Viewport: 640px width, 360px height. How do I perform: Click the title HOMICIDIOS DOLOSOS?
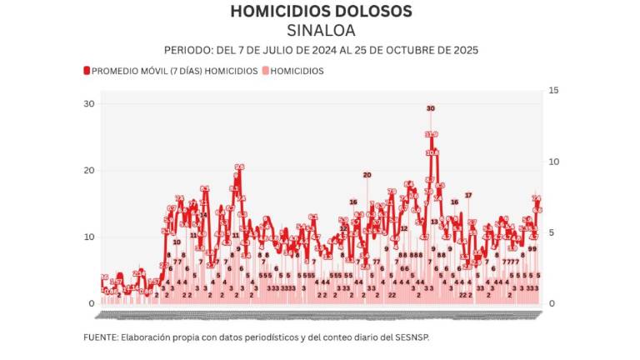click(321, 11)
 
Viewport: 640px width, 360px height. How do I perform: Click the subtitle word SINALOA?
click(321, 30)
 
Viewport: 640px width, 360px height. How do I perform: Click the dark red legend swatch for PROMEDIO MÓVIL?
click(87, 72)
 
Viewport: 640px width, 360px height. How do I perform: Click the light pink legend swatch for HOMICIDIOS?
click(266, 72)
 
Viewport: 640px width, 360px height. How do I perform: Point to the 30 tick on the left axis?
click(89, 103)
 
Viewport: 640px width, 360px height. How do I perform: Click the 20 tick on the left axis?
click(89, 170)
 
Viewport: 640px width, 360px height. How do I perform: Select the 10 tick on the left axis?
click(89, 237)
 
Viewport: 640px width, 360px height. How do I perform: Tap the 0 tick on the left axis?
click(92, 303)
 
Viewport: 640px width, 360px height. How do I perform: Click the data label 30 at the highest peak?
click(431, 108)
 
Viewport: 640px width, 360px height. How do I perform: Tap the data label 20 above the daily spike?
click(367, 175)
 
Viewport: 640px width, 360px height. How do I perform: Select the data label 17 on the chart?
click(468, 195)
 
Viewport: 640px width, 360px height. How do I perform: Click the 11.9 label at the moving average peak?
click(431, 134)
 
